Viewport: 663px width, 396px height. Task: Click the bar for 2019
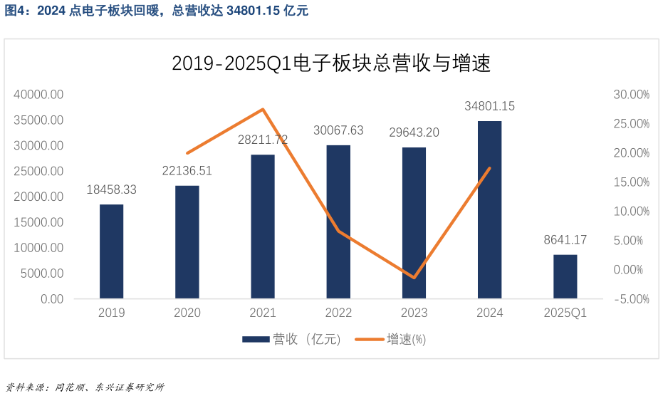(x=111, y=251)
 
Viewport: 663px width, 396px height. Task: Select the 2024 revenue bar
(x=489, y=209)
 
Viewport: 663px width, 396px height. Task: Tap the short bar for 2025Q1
(x=565, y=276)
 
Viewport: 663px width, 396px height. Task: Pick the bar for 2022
(x=338, y=222)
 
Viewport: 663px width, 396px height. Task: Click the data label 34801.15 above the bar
(x=489, y=106)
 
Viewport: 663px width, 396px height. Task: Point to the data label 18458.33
(x=111, y=190)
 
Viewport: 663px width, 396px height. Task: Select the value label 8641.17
(x=565, y=240)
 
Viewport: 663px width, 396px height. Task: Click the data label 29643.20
(x=414, y=132)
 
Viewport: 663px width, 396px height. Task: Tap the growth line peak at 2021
(x=263, y=109)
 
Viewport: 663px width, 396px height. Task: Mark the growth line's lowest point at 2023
(x=414, y=278)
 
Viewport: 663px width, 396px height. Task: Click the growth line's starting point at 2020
(x=187, y=153)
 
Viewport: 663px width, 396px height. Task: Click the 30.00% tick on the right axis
(x=630, y=95)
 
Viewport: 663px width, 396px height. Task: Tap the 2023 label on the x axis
(x=414, y=313)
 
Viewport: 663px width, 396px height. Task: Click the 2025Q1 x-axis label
(x=565, y=313)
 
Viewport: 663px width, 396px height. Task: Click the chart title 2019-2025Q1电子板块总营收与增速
(x=331, y=64)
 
